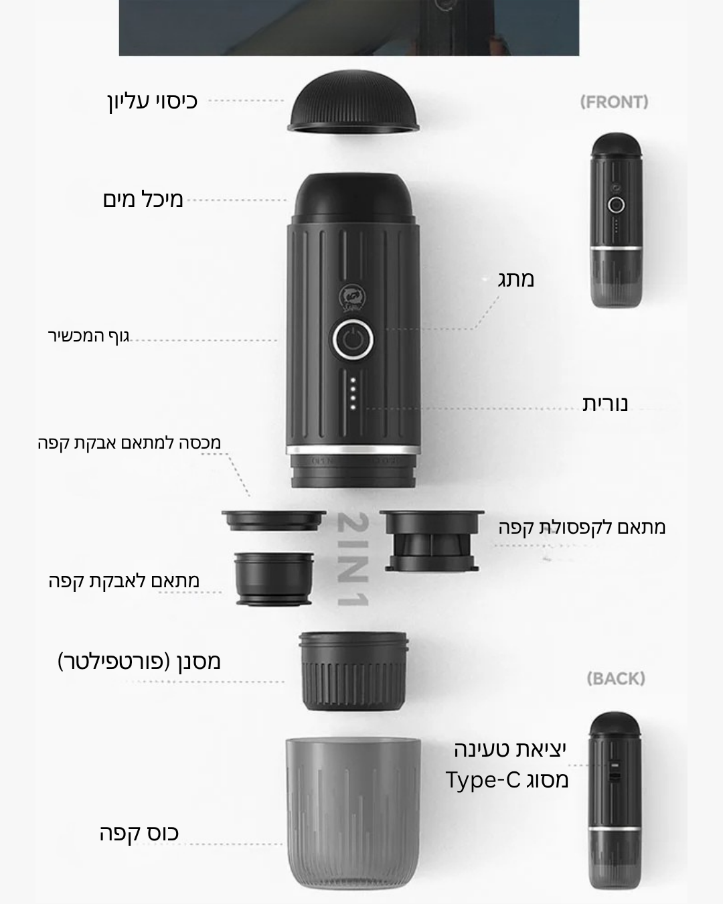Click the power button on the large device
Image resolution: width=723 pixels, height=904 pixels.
(353, 340)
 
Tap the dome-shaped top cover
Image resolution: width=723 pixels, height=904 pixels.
(353, 101)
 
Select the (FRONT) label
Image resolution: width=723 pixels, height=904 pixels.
(614, 102)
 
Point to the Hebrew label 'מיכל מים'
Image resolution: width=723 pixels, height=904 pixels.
(143, 200)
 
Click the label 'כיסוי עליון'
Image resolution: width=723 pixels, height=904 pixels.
(153, 102)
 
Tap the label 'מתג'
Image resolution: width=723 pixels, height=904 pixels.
(516, 280)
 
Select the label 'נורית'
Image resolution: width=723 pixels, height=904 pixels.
(605, 403)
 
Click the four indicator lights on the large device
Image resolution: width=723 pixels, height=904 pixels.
(353, 394)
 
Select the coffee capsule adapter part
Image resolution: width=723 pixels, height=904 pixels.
(432, 541)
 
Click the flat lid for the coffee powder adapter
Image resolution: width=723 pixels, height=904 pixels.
(274, 521)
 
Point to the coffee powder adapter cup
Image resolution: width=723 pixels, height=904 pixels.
(274, 579)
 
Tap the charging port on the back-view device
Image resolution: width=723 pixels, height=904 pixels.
(615, 771)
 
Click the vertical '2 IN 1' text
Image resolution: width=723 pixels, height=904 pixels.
(353, 560)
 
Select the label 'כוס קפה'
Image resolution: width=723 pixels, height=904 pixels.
(139, 833)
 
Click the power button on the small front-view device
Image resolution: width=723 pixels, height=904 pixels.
(616, 205)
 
